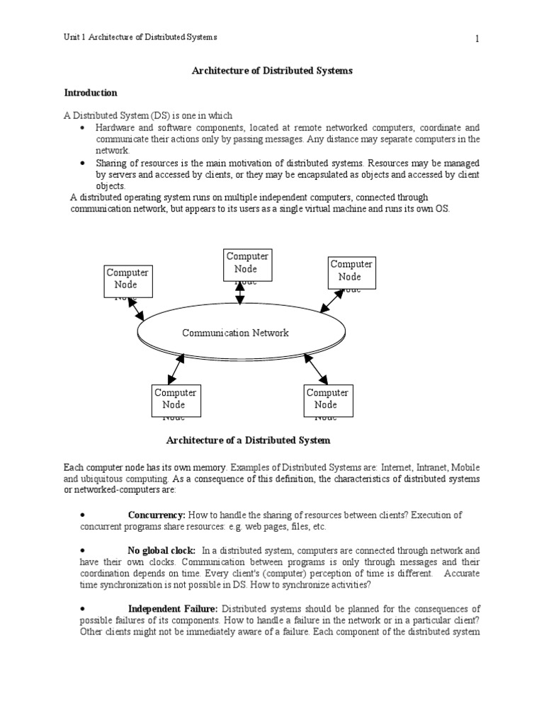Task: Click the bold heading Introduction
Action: pyautogui.click(x=91, y=93)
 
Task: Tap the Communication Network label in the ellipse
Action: pyautogui.click(x=235, y=333)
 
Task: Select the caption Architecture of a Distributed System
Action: pyautogui.click(x=248, y=440)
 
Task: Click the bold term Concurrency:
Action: pyautogui.click(x=157, y=515)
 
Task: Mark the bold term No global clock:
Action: pyautogui.click(x=161, y=550)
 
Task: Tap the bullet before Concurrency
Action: pyautogui.click(x=83, y=515)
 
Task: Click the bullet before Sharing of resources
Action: pyautogui.click(x=83, y=163)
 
